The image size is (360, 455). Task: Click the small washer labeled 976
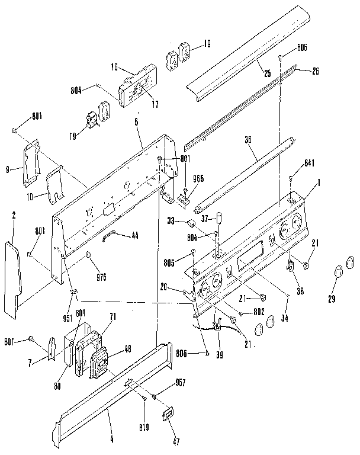tap(88, 255)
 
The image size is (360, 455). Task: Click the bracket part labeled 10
tap(56, 183)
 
